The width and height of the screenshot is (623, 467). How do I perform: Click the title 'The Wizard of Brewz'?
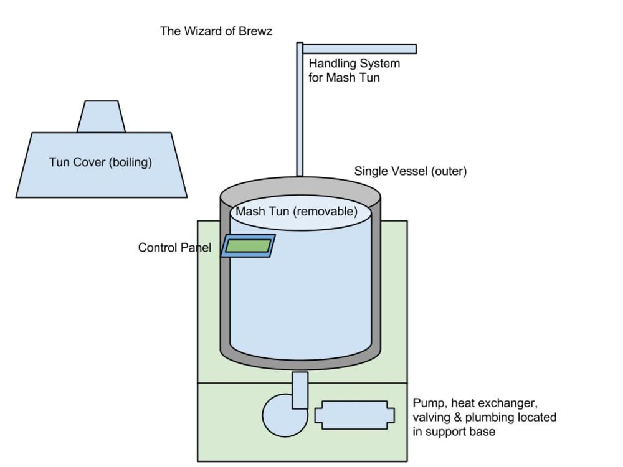coord(216,31)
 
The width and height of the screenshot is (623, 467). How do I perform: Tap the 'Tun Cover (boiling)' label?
coord(100,162)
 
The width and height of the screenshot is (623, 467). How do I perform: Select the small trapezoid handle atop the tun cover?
coord(102,116)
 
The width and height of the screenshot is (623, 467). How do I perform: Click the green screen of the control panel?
coord(249,245)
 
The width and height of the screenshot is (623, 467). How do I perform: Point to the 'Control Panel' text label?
coord(175,247)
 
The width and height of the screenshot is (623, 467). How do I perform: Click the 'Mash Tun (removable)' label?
coord(297,211)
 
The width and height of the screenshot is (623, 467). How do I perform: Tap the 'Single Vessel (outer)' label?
coord(411,171)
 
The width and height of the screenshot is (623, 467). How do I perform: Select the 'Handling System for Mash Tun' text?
coord(354,70)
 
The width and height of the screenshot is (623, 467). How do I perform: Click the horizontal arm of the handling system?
coord(359,49)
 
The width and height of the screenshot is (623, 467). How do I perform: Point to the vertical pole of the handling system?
coord(300,109)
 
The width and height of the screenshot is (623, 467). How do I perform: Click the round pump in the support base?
coord(285,415)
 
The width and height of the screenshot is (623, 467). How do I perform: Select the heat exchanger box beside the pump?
coord(355,415)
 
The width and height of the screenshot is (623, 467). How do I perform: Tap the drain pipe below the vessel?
coord(300,390)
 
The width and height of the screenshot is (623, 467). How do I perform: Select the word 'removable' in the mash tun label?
coord(325,211)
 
